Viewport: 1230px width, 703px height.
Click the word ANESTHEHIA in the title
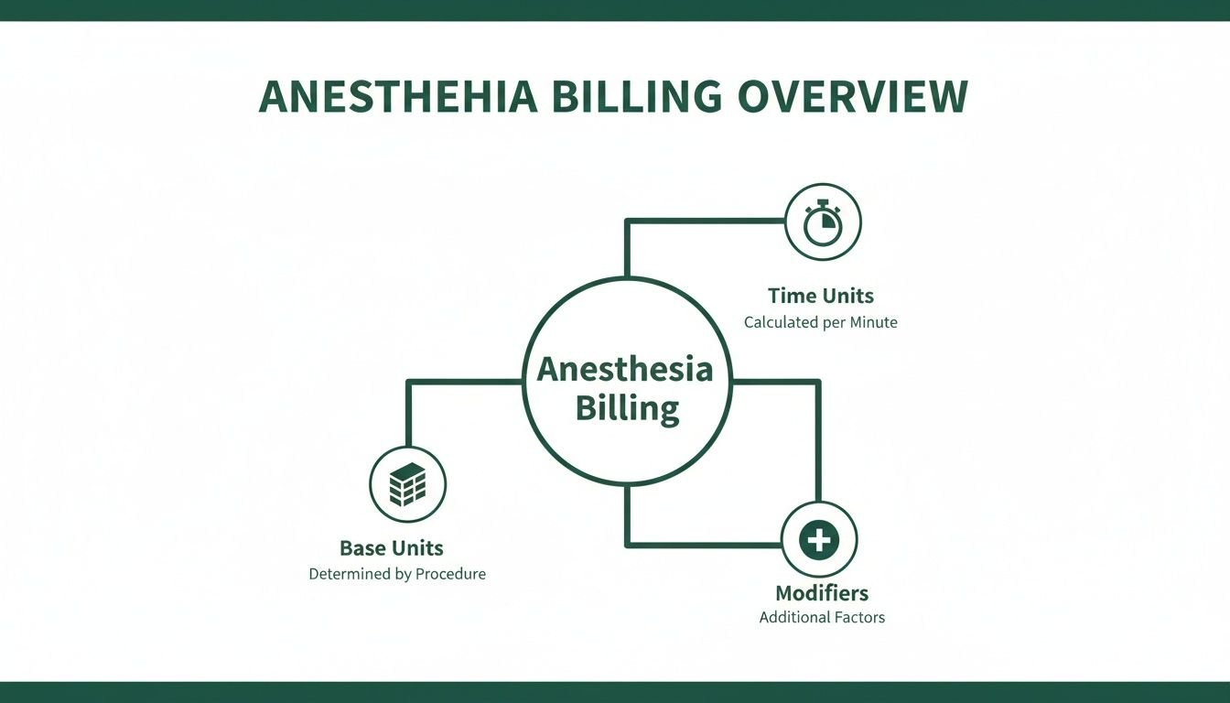398,97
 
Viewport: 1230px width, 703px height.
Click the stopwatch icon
823,222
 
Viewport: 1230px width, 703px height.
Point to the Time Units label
821,296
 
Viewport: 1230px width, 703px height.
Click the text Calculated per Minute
821,322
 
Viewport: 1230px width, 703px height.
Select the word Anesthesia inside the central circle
624,369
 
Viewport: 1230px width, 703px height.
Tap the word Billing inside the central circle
627,408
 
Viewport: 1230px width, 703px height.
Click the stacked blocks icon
407,484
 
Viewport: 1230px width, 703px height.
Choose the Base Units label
392,548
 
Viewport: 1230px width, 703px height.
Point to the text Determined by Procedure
397,575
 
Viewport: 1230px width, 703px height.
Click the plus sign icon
818,539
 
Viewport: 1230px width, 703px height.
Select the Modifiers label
822,592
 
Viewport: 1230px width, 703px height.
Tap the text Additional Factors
822,617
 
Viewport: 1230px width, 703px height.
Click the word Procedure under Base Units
450,575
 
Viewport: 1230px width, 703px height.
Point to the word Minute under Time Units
871,322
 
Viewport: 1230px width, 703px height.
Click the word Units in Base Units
417,548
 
